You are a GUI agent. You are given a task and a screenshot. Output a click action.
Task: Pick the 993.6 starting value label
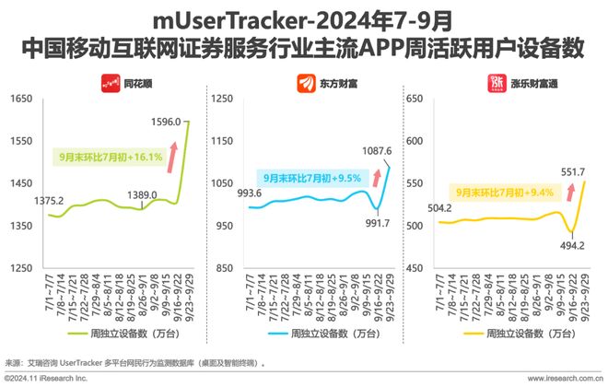[251, 193]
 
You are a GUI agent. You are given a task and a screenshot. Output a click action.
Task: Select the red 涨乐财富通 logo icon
[495, 80]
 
